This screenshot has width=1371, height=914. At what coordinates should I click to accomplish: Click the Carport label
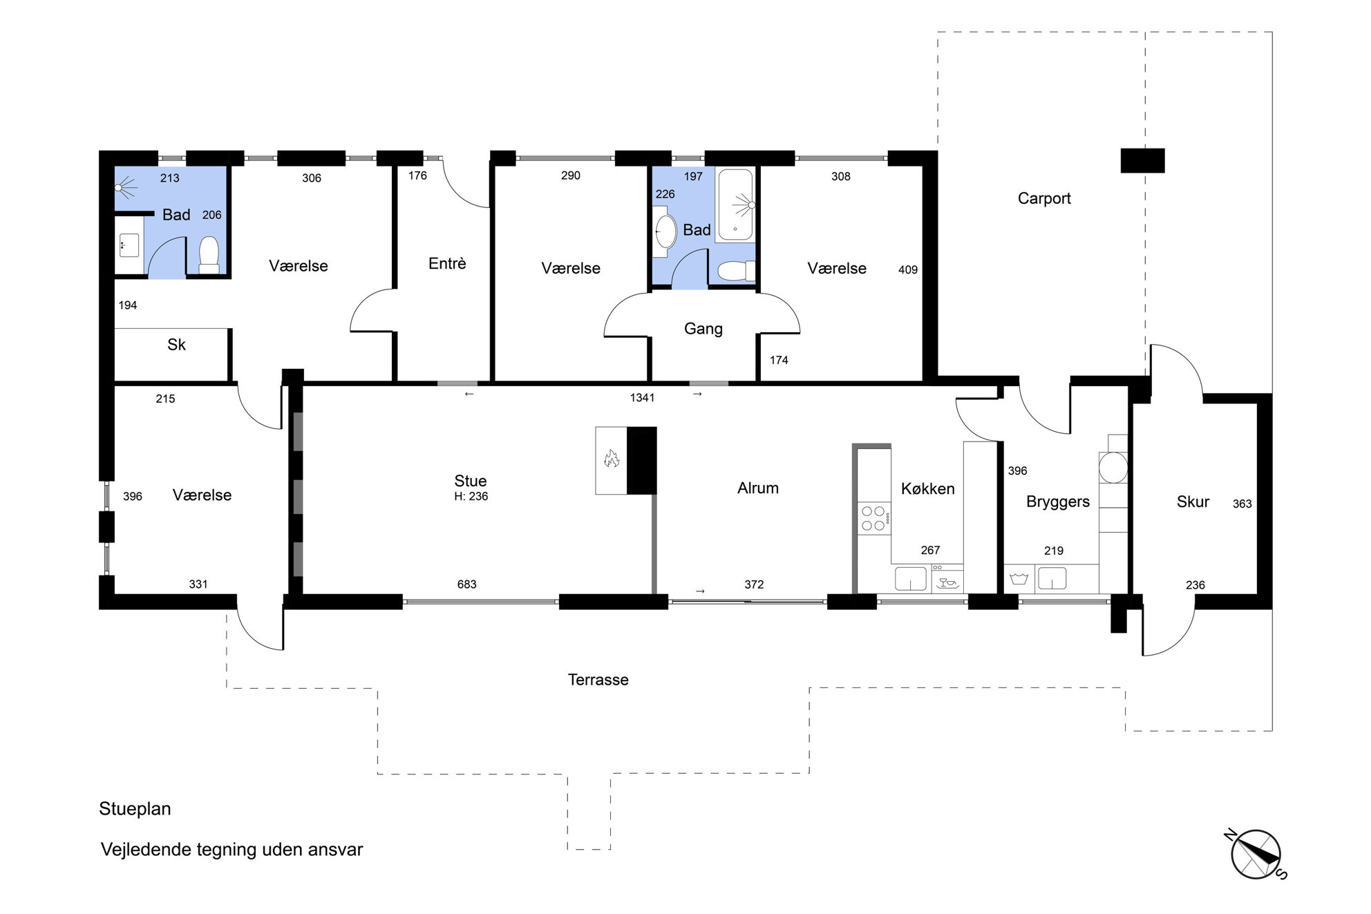coord(1044,199)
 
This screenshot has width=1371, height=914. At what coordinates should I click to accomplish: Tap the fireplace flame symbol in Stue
coord(611,458)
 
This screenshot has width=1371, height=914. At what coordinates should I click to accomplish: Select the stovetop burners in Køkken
coord(873,519)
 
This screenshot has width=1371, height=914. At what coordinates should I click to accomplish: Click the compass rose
coord(1256,855)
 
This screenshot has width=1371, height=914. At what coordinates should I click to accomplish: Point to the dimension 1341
coord(642,398)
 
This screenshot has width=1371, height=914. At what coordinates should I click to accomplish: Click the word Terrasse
coord(598,680)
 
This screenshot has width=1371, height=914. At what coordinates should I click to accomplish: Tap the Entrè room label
coord(447,263)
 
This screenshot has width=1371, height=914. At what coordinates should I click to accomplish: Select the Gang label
coord(703,329)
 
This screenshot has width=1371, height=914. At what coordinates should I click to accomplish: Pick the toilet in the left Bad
coord(209,256)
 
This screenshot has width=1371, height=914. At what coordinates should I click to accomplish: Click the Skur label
coord(1193,502)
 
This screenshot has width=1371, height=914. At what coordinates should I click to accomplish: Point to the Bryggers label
coord(1058,502)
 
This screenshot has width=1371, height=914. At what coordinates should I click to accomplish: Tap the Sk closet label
coord(176,345)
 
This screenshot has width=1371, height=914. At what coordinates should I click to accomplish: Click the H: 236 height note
coord(471,497)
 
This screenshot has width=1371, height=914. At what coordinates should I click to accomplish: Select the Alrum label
coord(758,488)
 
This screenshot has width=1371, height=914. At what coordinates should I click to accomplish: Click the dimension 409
coord(908,270)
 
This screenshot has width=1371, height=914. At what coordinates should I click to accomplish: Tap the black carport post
coord(1142,161)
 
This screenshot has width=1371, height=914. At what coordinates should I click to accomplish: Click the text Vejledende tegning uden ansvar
coord(232,850)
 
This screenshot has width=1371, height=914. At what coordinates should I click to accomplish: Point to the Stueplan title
coord(135,809)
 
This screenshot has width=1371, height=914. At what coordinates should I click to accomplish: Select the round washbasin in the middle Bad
coord(666,231)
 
